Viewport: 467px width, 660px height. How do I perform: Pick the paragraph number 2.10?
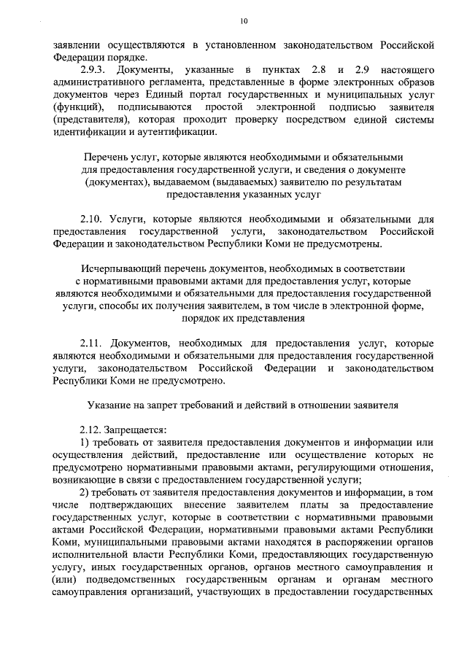(x=92, y=219)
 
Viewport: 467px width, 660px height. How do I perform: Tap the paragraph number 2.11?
(x=92, y=343)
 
